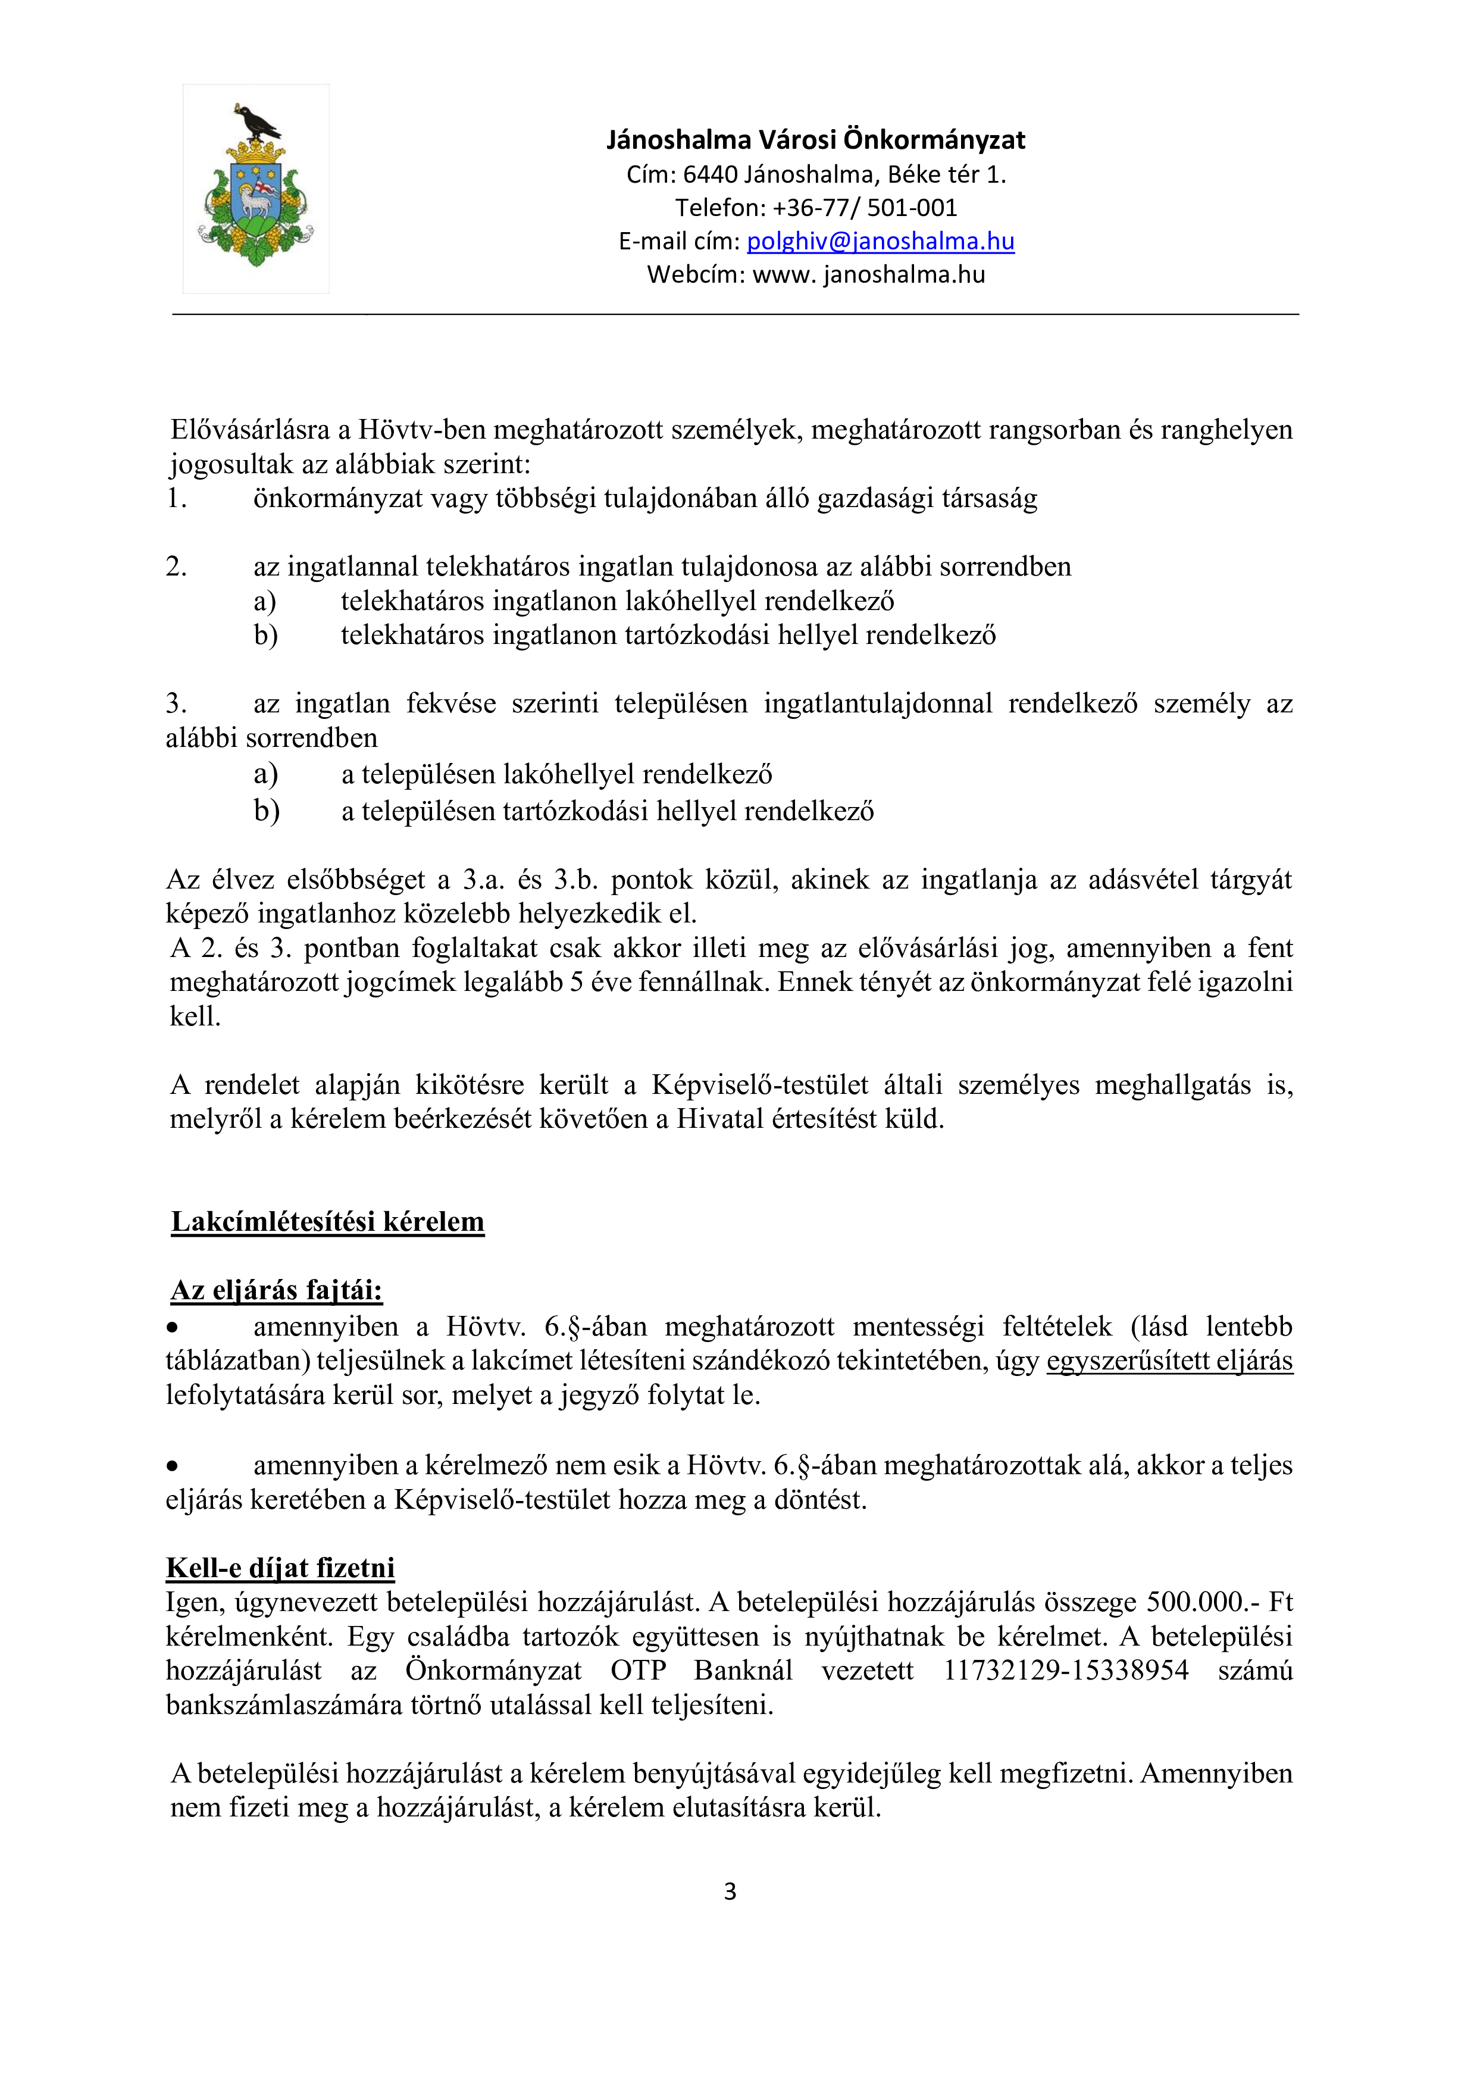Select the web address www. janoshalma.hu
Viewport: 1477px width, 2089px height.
[x=869, y=275]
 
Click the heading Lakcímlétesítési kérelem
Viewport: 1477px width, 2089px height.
[x=327, y=1222]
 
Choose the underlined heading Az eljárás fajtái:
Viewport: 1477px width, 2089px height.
[x=277, y=1290]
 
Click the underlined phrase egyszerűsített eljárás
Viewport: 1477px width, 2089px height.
[x=1169, y=1361]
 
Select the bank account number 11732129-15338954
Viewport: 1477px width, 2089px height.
[x=1065, y=1671]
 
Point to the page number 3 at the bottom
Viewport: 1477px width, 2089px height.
[x=730, y=1891]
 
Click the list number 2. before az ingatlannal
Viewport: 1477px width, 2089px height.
[x=176, y=567]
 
